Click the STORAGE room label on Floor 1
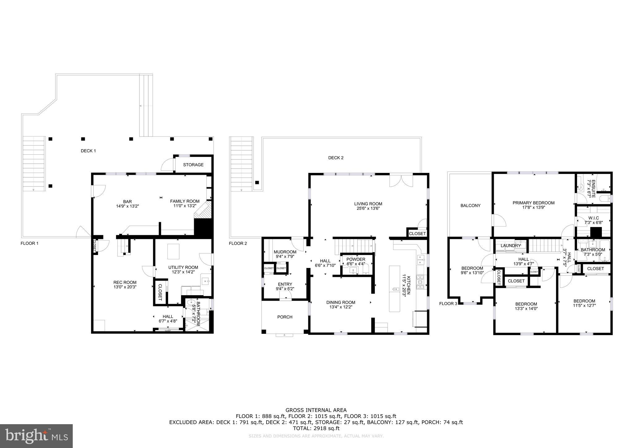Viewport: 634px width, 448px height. tap(193, 165)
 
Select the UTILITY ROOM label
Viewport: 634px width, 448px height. tap(183, 267)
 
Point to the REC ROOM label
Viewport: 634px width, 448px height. tap(125, 282)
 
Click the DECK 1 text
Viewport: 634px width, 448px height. tap(88, 151)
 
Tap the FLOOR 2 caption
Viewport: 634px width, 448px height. tap(238, 243)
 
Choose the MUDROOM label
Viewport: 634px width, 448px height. tap(285, 252)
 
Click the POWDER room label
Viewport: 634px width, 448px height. tap(356, 259)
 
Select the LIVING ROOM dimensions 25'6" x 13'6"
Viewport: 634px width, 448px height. tap(368, 209)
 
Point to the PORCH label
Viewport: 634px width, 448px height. tap(284, 317)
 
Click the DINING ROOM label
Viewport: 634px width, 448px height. tap(341, 303)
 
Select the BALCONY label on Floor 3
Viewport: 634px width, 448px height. tap(470, 205)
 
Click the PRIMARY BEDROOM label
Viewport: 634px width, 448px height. tap(533, 203)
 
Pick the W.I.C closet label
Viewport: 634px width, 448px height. tap(593, 218)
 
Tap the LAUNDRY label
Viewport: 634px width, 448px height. tap(510, 246)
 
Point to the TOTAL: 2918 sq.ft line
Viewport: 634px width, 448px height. tap(316, 428)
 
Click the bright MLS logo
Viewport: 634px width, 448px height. tap(36, 436)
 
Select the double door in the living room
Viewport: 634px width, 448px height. tap(401, 181)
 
